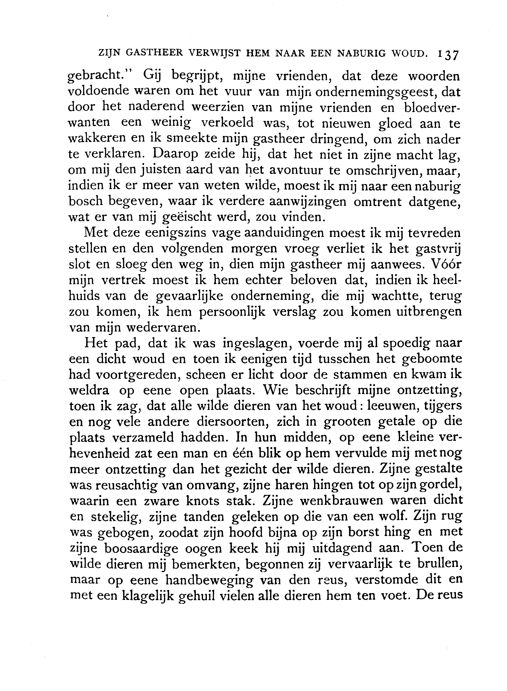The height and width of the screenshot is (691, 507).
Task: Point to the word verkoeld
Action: (227, 123)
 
